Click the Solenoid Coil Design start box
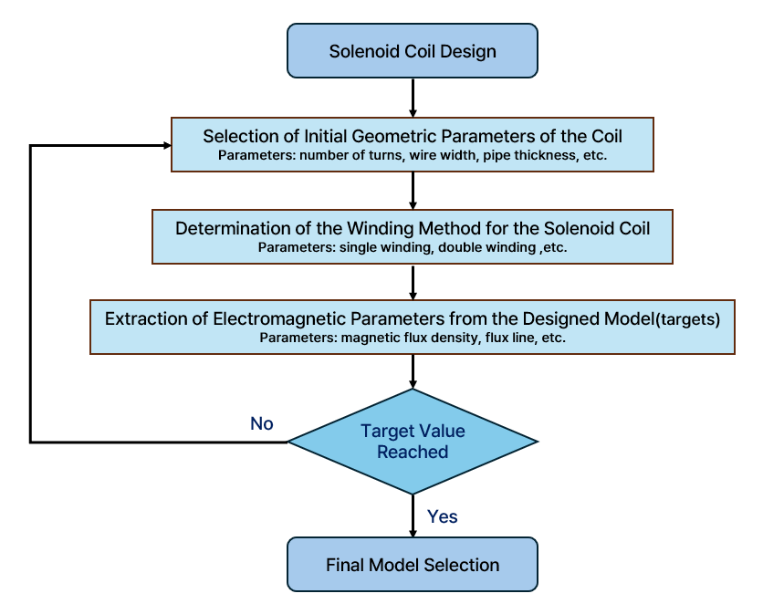[x=413, y=50]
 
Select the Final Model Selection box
[x=413, y=564]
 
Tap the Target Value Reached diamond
[x=413, y=442]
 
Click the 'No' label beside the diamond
[x=262, y=423]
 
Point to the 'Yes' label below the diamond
[x=443, y=516]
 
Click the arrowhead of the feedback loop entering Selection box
[x=167, y=145]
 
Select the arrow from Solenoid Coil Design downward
[x=413, y=98]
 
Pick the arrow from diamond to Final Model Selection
[x=413, y=516]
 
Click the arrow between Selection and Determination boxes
[x=413, y=191]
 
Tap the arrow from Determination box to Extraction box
[x=413, y=282]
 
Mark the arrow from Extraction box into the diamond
[x=413, y=371]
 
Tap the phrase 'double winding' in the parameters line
[x=487, y=247]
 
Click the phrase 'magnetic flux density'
[x=410, y=338]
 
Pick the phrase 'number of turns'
[x=351, y=156]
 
